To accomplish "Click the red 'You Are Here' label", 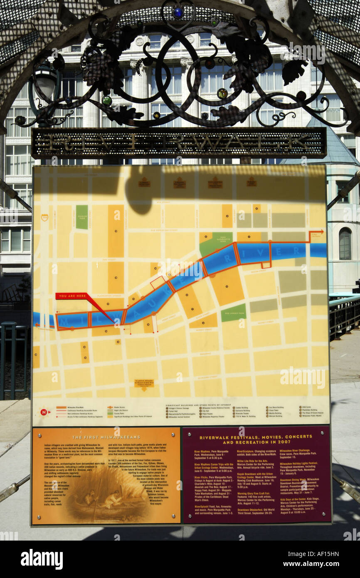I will tap(72, 296).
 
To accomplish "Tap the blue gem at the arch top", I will tap(178, 12).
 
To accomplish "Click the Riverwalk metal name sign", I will tap(179, 143).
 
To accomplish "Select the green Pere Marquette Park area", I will tap(216, 243).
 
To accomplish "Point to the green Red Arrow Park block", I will tap(233, 313).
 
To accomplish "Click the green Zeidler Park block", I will tap(82, 217).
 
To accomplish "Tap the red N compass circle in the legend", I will tap(43, 412).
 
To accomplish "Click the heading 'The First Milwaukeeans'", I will tap(106, 437).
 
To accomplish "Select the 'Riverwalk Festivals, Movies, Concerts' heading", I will tap(256, 439).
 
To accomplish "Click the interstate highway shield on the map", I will tap(44, 217).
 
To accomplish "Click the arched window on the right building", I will tap(345, 243).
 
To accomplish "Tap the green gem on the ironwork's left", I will tap(107, 100).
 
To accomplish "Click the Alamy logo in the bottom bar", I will tap(42, 559).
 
